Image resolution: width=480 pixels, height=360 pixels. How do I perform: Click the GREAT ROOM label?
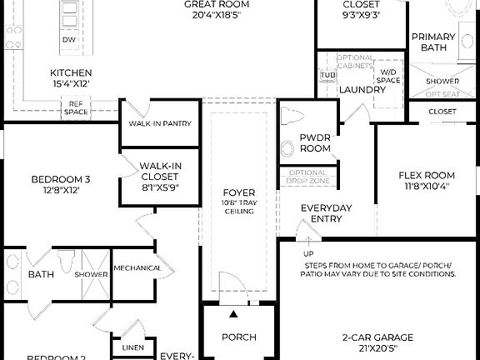217,8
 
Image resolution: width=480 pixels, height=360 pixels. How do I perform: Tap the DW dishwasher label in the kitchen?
70,40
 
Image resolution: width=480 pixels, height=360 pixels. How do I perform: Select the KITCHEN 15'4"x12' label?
71,78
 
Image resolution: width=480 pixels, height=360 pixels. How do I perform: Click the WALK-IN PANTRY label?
160,123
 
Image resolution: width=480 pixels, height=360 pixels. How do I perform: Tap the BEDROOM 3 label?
61,183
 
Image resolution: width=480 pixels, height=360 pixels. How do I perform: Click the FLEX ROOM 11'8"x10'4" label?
427,180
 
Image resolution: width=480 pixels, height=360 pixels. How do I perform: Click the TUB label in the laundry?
327,75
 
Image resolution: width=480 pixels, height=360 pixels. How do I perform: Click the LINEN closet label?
132,347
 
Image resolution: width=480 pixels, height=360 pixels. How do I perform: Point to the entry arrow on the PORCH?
232,314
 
